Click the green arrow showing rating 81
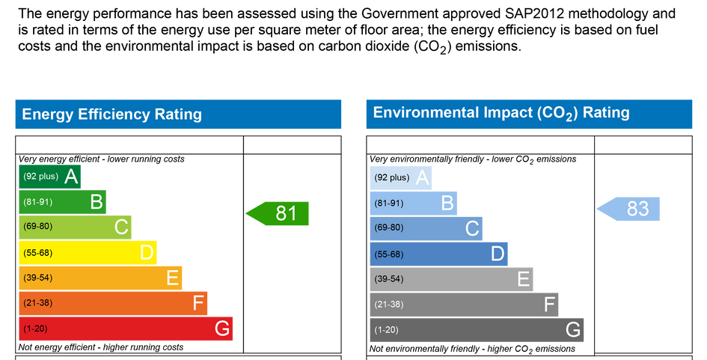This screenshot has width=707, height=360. [278, 213]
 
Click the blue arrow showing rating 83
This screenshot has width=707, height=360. [628, 209]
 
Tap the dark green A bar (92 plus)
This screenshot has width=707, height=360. [49, 177]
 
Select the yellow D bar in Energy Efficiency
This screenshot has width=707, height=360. [88, 253]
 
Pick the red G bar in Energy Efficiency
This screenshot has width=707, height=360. [126, 329]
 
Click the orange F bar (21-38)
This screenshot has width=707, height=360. [113, 303]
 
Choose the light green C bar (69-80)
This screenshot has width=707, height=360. [75, 227]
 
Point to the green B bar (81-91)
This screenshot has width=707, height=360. [62, 201]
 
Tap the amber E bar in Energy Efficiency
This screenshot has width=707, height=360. [100, 278]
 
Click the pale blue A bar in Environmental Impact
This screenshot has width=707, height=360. [401, 177]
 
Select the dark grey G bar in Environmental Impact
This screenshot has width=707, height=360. [477, 330]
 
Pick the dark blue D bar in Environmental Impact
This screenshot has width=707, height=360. [438, 254]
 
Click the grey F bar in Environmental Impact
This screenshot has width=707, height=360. [464, 305]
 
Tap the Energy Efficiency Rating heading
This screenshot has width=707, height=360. [111, 114]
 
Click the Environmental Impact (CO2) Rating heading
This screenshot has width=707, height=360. [501, 113]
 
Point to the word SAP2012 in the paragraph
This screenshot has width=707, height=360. [534, 13]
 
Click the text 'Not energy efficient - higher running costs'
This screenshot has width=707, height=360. [100, 347]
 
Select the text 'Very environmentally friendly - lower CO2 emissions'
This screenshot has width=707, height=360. [473, 159]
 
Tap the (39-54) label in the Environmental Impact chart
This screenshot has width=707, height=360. [389, 279]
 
